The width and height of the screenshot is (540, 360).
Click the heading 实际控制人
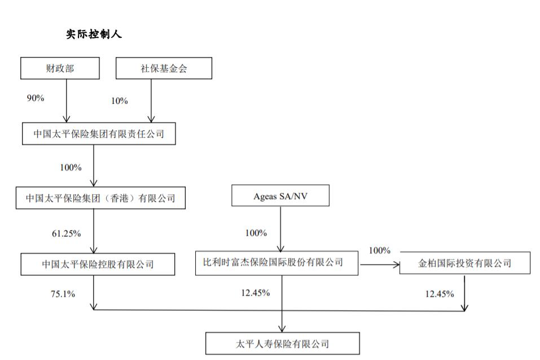click(94, 34)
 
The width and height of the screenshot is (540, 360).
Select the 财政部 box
click(60, 68)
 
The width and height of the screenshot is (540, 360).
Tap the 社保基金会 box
click(164, 68)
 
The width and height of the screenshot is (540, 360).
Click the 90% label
click(36, 98)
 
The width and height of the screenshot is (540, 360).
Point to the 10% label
click(120, 101)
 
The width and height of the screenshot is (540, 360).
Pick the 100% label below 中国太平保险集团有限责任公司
click(71, 168)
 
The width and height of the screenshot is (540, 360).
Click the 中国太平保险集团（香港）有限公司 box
click(100, 198)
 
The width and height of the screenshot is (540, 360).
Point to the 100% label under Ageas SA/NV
click(256, 232)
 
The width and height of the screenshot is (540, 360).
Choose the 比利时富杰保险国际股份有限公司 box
click(276, 263)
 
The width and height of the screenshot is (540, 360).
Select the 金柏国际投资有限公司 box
click(465, 263)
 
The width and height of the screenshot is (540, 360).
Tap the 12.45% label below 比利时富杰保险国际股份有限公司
click(255, 293)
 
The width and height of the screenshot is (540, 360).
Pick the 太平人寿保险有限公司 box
click(282, 343)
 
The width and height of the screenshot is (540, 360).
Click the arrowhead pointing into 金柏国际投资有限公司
click(396, 263)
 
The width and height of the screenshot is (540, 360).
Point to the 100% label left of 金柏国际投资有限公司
click(380, 251)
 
